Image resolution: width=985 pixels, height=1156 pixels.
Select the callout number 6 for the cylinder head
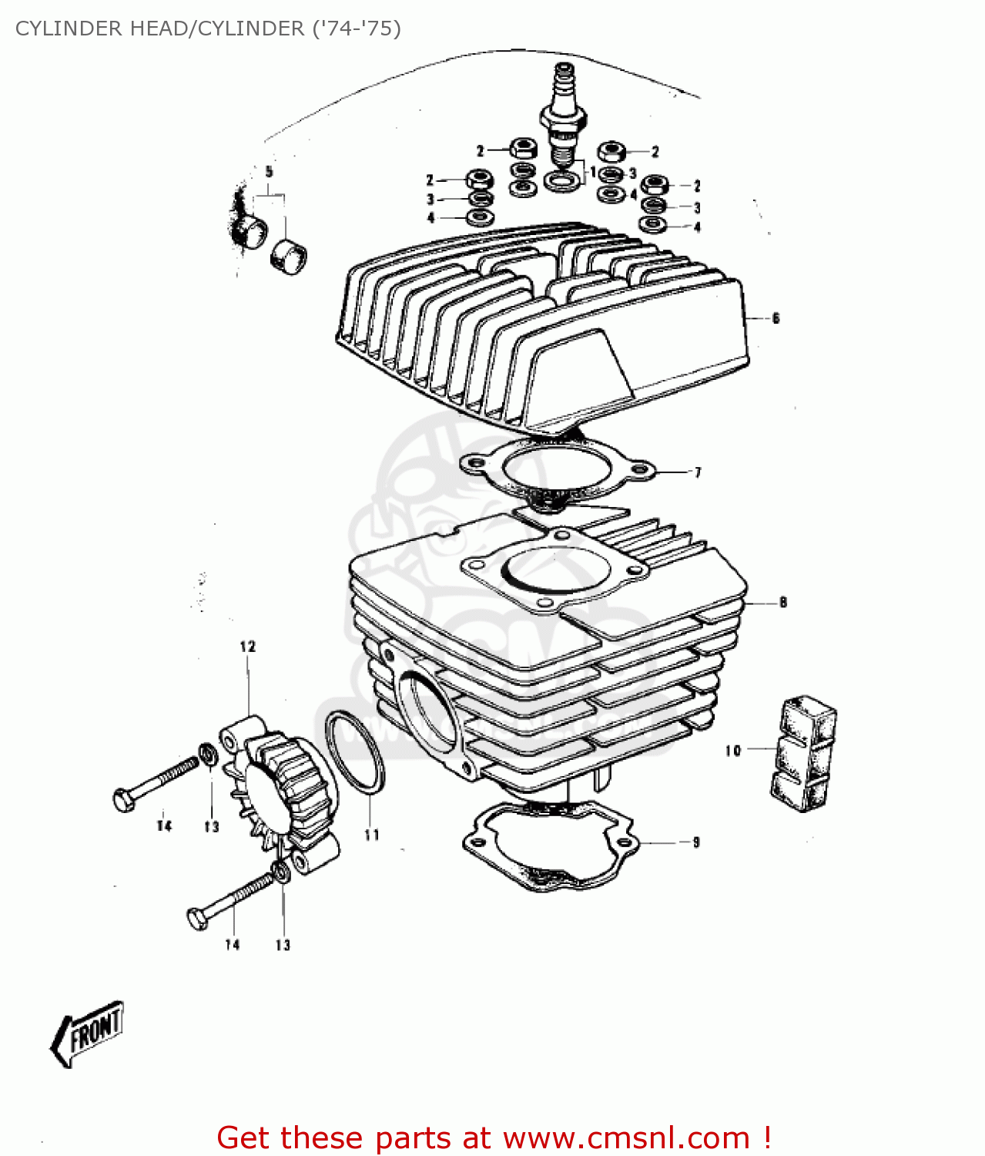click(x=776, y=318)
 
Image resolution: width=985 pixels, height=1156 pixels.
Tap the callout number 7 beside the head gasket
click(x=698, y=472)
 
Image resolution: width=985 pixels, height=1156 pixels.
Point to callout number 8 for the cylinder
click(x=782, y=602)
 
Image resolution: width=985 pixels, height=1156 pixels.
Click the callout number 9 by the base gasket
click(x=695, y=842)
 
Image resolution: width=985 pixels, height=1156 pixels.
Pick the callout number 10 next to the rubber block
click(x=732, y=750)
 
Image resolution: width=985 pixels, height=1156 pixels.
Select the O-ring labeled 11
click(x=354, y=752)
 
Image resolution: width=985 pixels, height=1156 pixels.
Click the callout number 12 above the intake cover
click(x=247, y=647)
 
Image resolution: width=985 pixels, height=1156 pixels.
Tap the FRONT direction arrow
click(x=89, y=1033)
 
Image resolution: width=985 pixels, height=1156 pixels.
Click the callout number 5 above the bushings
click(x=269, y=172)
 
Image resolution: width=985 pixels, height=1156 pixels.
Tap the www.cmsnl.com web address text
click(x=626, y=1138)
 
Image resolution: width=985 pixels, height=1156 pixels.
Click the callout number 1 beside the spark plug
click(x=592, y=171)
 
